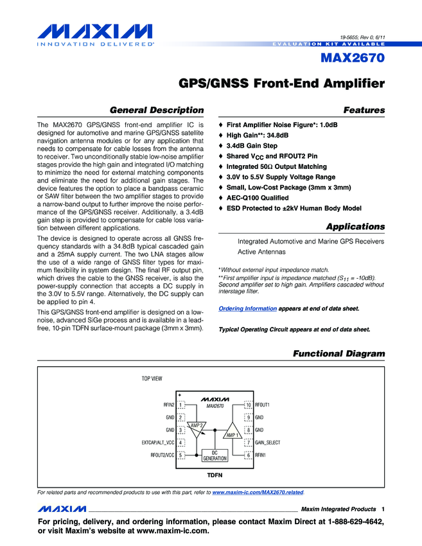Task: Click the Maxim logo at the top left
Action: click(x=94, y=33)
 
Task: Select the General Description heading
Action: click(x=157, y=110)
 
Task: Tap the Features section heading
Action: click(x=364, y=110)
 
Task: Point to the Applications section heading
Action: click(x=355, y=227)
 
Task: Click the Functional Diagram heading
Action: click(x=338, y=354)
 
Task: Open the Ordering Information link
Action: click(x=248, y=309)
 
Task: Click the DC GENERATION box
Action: click(x=215, y=455)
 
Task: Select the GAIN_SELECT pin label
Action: click(x=268, y=443)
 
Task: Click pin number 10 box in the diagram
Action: click(x=248, y=405)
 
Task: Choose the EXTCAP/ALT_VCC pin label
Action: click(x=158, y=443)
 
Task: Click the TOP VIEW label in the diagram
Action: click(x=152, y=378)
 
